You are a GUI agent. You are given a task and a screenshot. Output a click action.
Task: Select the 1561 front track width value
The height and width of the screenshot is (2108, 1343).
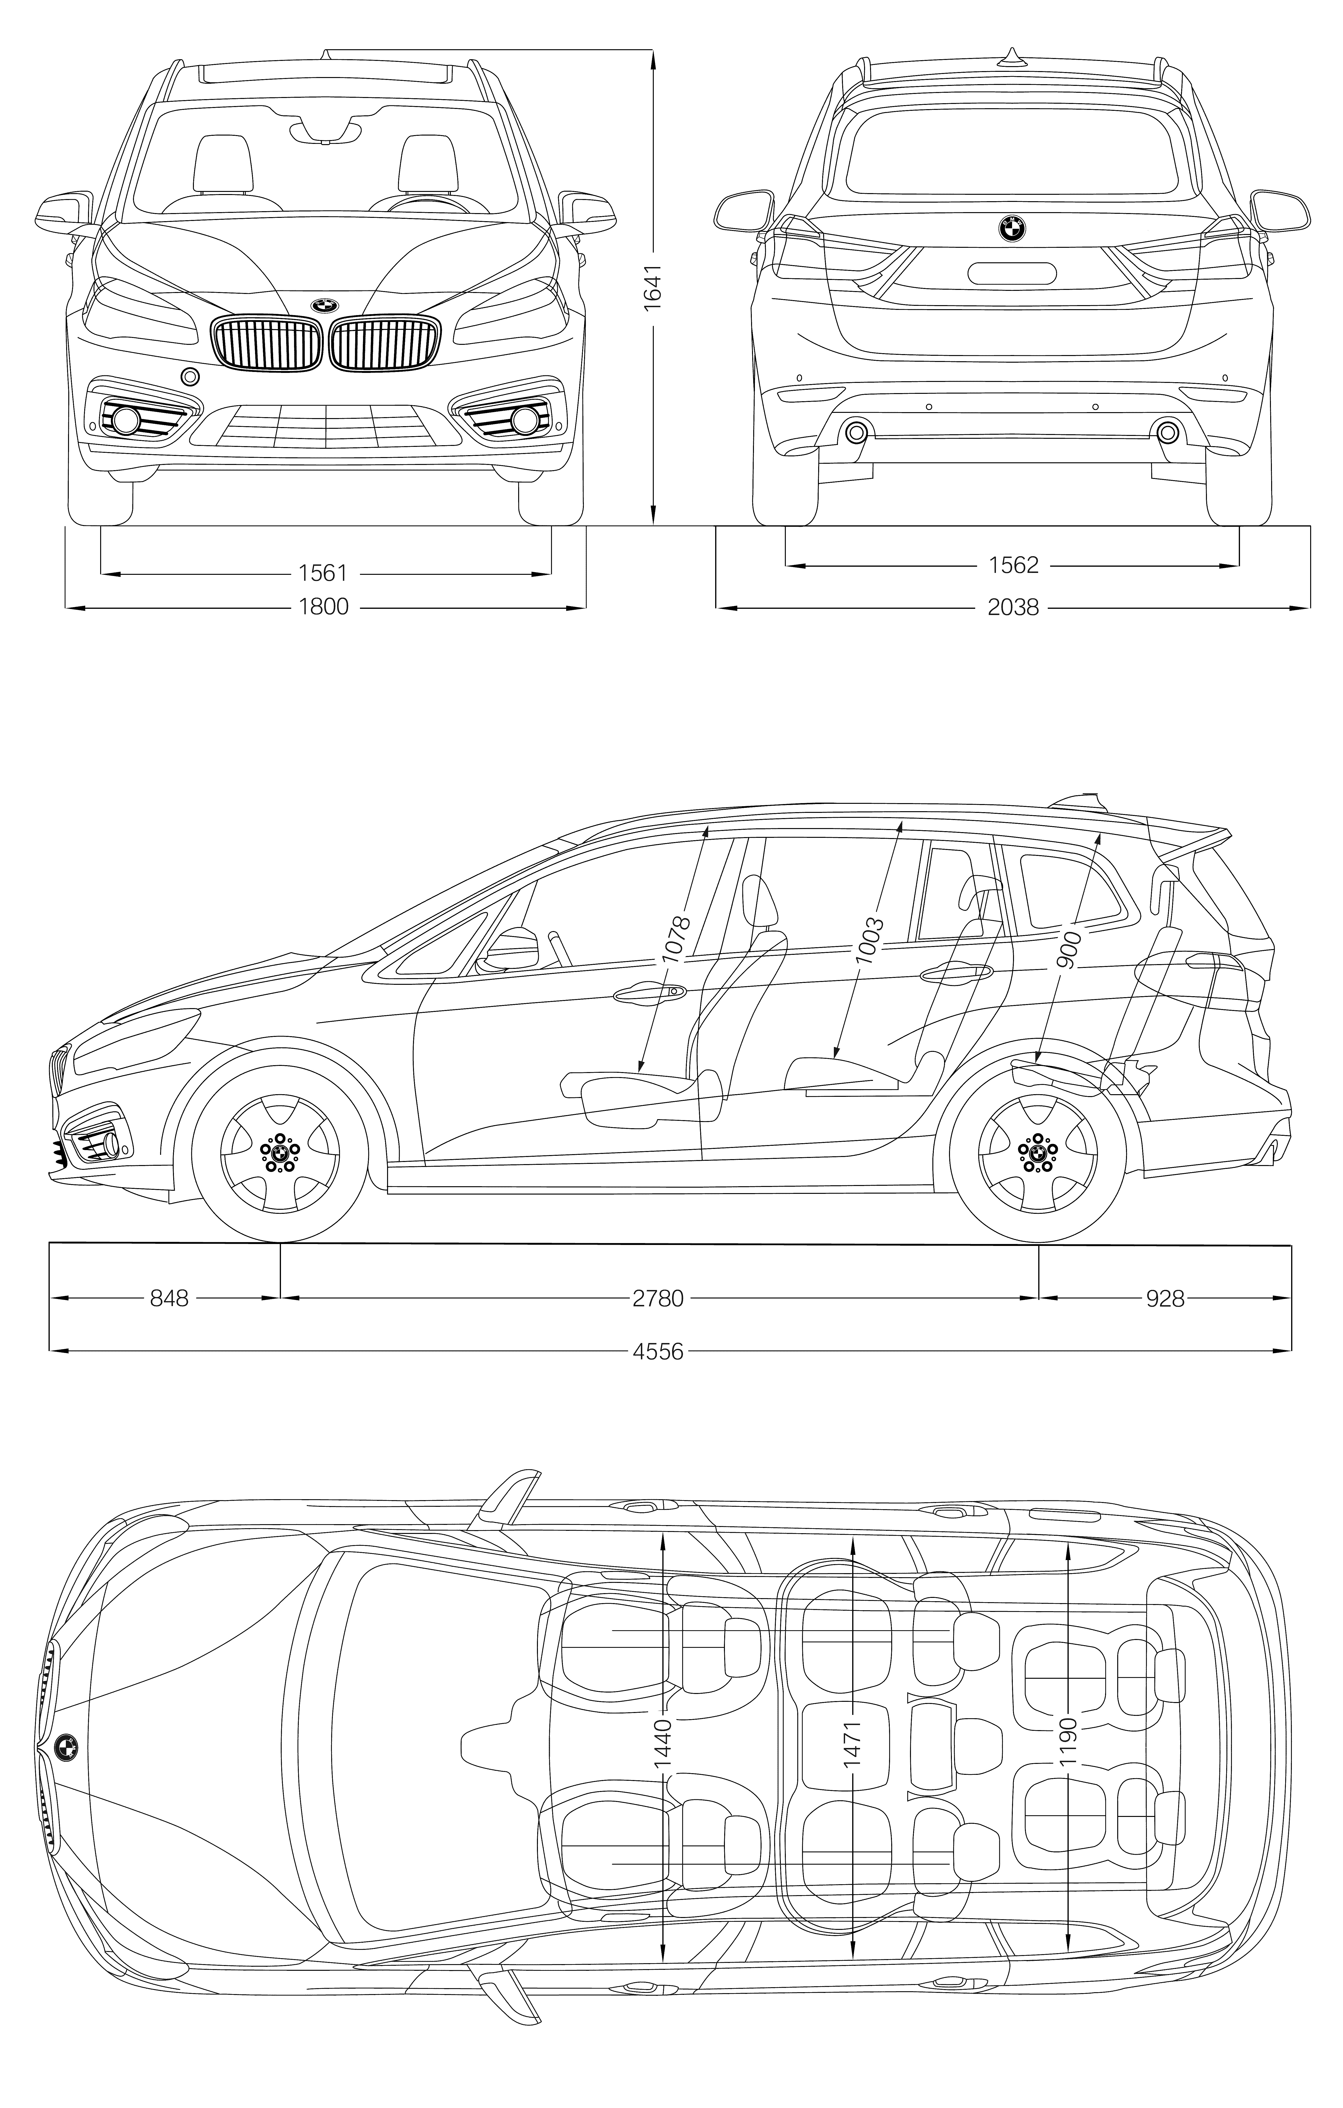(323, 573)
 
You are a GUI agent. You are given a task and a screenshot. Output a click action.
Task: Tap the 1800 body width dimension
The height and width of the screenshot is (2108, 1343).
(323, 606)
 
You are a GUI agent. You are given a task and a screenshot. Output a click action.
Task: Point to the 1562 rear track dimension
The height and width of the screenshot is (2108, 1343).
(1013, 566)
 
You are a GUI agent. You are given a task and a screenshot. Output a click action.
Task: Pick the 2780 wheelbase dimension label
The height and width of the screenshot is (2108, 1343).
(658, 1298)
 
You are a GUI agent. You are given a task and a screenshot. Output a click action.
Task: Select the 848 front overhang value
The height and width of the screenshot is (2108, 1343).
(169, 1298)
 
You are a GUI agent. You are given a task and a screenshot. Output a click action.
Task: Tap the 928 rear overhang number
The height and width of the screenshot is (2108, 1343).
(1165, 1298)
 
